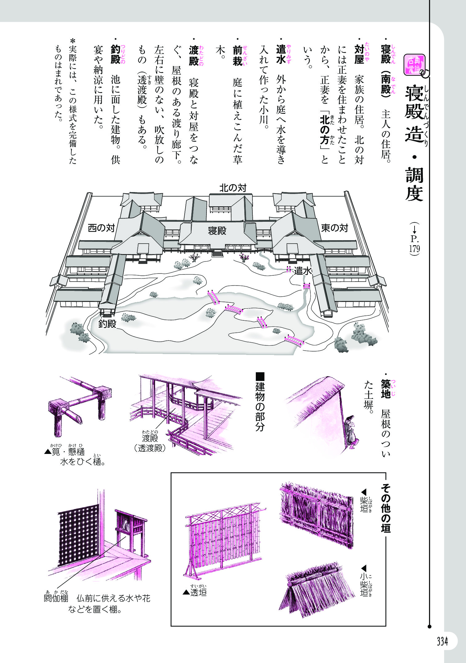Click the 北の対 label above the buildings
tap(233, 188)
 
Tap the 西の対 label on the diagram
tap(101, 228)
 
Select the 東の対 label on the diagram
tap(334, 228)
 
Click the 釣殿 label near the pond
tap(107, 324)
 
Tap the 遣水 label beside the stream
tap(303, 271)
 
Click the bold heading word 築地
tap(385, 389)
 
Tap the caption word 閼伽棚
tap(56, 598)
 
